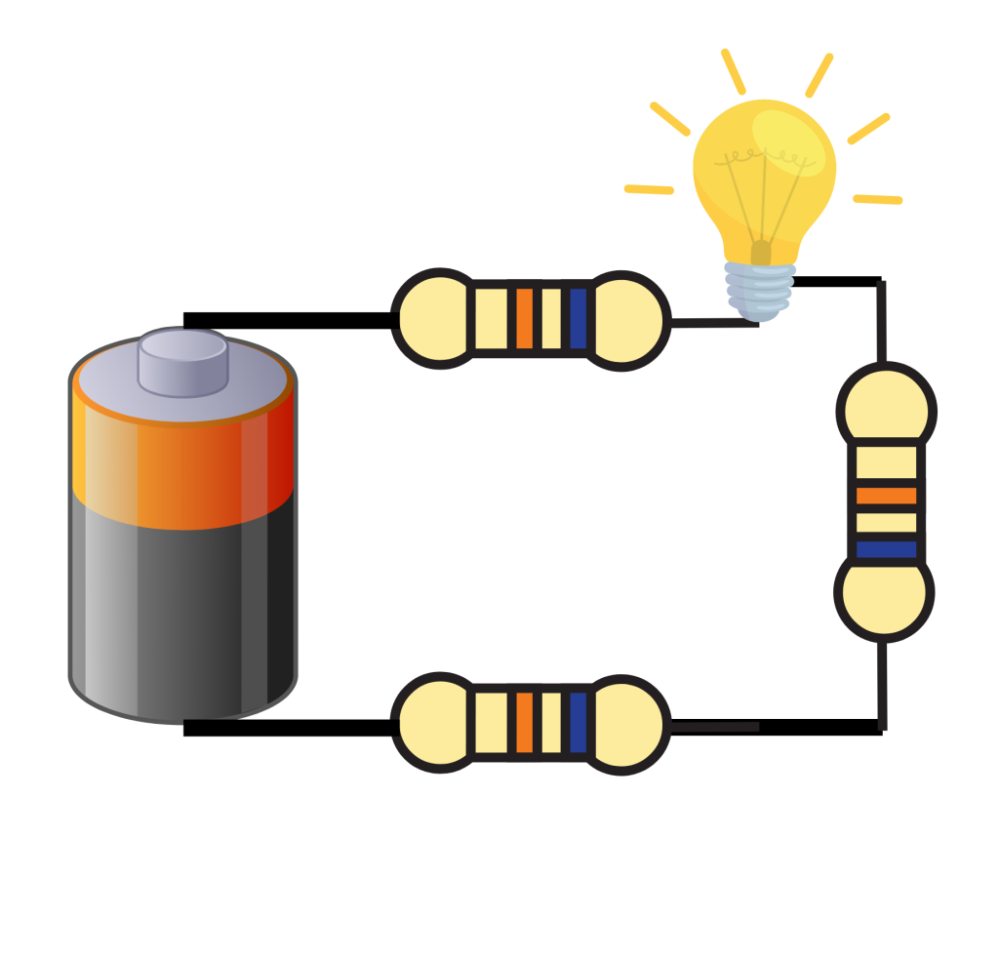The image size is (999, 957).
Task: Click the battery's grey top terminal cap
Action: click(182, 362)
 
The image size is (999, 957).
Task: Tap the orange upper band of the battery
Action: click(182, 468)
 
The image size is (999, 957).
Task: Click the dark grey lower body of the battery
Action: click(182, 615)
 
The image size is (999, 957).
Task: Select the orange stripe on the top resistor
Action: click(524, 318)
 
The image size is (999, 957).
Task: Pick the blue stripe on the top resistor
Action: click(578, 318)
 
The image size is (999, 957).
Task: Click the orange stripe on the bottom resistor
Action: click(524, 723)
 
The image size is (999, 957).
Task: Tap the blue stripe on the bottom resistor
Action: click(578, 723)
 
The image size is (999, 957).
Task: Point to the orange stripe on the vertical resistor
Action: click(886, 495)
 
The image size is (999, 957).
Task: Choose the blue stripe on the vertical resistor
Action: click(886, 549)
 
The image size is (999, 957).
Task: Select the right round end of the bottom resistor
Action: click(624, 724)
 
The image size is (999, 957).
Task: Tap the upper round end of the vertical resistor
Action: click(886, 408)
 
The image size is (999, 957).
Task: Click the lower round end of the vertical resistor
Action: click(884, 593)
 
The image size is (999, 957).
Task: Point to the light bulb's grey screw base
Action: click(760, 290)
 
